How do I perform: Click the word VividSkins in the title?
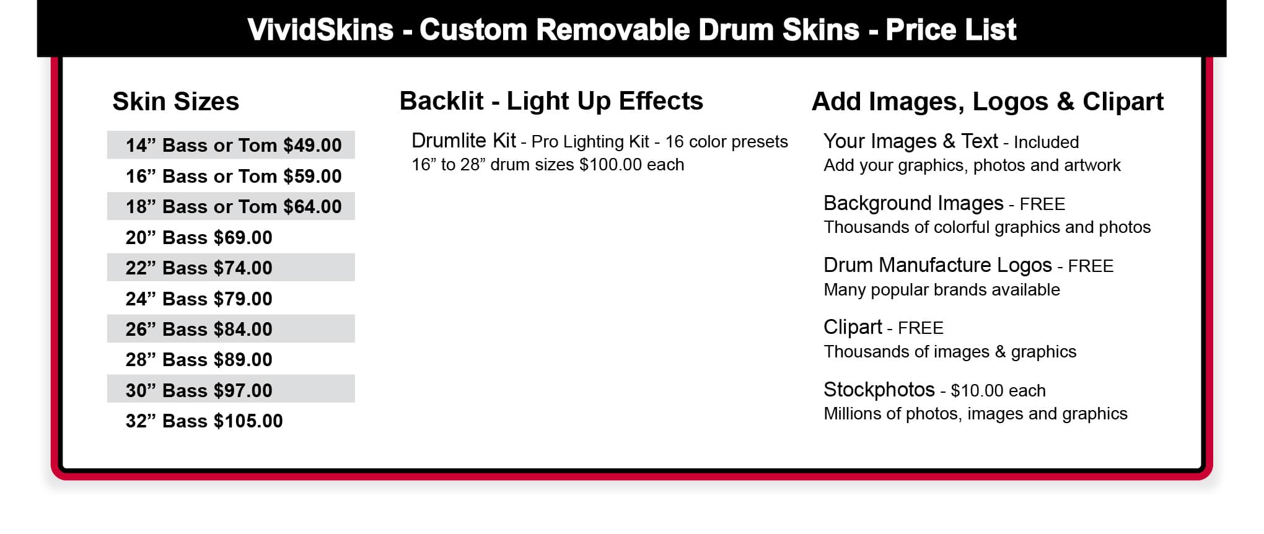pyautogui.click(x=320, y=30)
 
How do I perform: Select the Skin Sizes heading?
pyautogui.click(x=175, y=102)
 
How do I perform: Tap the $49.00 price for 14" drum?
pyautogui.click(x=312, y=145)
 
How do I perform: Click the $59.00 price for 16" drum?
pyautogui.click(x=312, y=176)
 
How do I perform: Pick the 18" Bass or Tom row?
pyautogui.click(x=230, y=206)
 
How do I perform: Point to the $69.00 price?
pyautogui.click(x=243, y=237)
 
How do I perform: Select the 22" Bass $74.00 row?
pyautogui.click(x=230, y=268)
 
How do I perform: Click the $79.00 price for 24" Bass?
pyautogui.click(x=243, y=299)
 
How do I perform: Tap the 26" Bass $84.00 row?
pyautogui.click(x=230, y=329)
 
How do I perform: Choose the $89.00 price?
pyautogui.click(x=243, y=359)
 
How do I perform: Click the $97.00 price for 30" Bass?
pyautogui.click(x=243, y=390)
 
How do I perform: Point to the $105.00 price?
pyautogui.click(x=248, y=421)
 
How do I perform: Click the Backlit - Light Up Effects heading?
pyautogui.click(x=551, y=101)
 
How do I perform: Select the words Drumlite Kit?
pyautogui.click(x=463, y=141)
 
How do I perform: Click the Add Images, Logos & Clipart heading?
pyautogui.click(x=988, y=102)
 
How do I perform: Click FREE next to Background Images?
pyautogui.click(x=1042, y=204)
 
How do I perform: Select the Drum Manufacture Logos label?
pyautogui.click(x=937, y=265)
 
